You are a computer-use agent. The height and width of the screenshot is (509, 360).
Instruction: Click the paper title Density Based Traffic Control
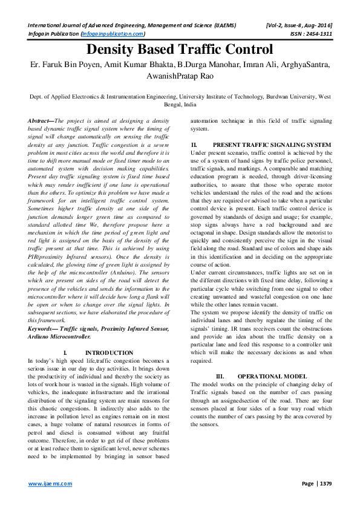180,50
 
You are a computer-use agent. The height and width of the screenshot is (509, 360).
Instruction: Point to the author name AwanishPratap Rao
180,77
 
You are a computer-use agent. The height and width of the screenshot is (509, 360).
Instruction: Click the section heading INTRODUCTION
109,352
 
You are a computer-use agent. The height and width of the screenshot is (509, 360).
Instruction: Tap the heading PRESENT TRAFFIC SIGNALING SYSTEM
272,145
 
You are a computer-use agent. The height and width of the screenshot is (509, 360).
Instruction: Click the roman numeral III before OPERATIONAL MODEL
220,375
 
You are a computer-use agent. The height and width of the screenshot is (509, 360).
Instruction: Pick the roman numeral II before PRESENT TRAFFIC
194,145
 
